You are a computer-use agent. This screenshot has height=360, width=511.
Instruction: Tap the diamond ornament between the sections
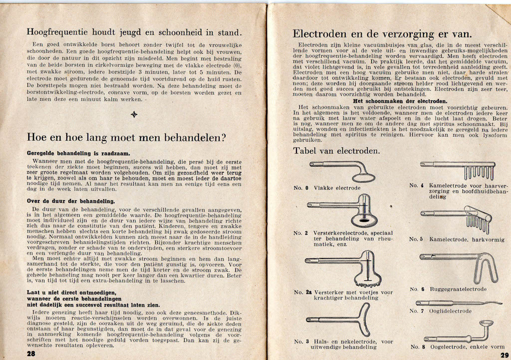(x=133, y=114)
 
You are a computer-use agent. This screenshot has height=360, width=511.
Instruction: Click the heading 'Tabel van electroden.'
(x=336, y=150)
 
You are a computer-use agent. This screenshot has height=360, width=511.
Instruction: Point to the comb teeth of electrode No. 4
(x=479, y=173)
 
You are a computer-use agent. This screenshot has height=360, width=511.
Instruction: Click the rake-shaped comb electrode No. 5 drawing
(x=459, y=217)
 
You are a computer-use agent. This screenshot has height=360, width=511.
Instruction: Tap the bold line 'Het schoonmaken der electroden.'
(x=392, y=101)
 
